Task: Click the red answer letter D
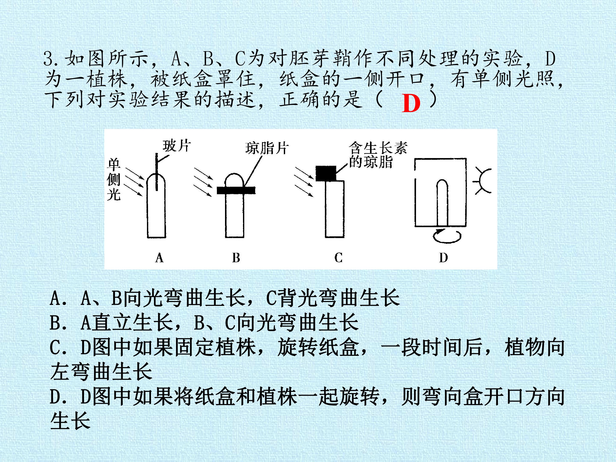click(411, 103)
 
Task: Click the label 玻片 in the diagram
click(176, 146)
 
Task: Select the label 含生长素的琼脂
click(378, 155)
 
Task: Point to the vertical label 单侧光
click(114, 180)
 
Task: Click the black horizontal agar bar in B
click(236, 190)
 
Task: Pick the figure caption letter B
click(236, 258)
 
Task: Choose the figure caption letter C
click(338, 258)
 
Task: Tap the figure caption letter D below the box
click(443, 258)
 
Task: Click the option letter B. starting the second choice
click(58, 323)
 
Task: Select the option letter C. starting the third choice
click(58, 347)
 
